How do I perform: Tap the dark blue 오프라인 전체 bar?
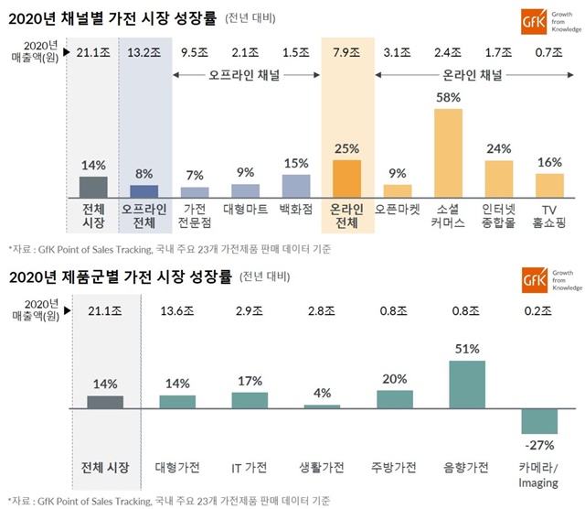tap(144, 190)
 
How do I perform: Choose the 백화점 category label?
tap(295, 209)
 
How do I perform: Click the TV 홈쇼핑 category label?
tap(548, 216)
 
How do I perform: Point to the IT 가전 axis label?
tap(249, 468)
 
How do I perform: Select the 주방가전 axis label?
tap(394, 468)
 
